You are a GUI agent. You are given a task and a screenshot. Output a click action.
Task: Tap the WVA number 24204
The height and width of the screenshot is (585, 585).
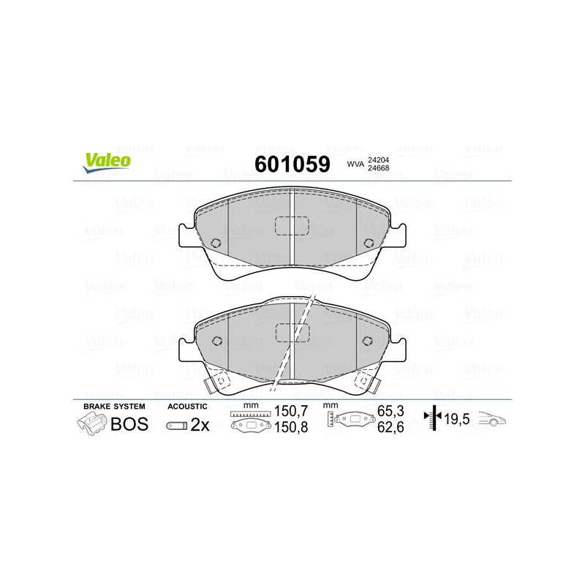pos(377,159)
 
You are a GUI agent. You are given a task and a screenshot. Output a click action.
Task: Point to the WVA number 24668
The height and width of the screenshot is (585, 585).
pos(377,169)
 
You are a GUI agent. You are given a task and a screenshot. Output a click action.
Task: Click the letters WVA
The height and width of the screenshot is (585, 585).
pos(355,164)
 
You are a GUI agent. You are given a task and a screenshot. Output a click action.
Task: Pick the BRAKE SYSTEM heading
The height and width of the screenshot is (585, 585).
pos(114,406)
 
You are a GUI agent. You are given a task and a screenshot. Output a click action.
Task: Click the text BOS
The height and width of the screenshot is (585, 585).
pos(129,424)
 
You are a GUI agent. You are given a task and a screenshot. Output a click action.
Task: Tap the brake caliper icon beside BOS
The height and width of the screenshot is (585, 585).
pos(91,423)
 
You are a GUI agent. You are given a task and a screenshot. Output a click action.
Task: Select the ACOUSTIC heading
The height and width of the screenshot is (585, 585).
pos(188,406)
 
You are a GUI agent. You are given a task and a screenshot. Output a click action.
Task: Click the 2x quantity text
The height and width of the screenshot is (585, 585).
pos(200,425)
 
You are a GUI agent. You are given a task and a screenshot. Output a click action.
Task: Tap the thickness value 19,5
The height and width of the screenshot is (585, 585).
pos(459,420)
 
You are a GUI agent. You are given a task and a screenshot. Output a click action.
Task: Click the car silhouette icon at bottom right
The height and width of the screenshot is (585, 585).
pos(494,420)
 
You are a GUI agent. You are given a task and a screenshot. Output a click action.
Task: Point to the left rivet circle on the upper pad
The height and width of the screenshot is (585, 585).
pos(215,244)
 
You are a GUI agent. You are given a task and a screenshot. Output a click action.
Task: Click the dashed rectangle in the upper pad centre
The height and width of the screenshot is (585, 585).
pos(292,227)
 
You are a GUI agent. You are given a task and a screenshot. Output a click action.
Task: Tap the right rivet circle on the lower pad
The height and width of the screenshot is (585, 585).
pos(368,340)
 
